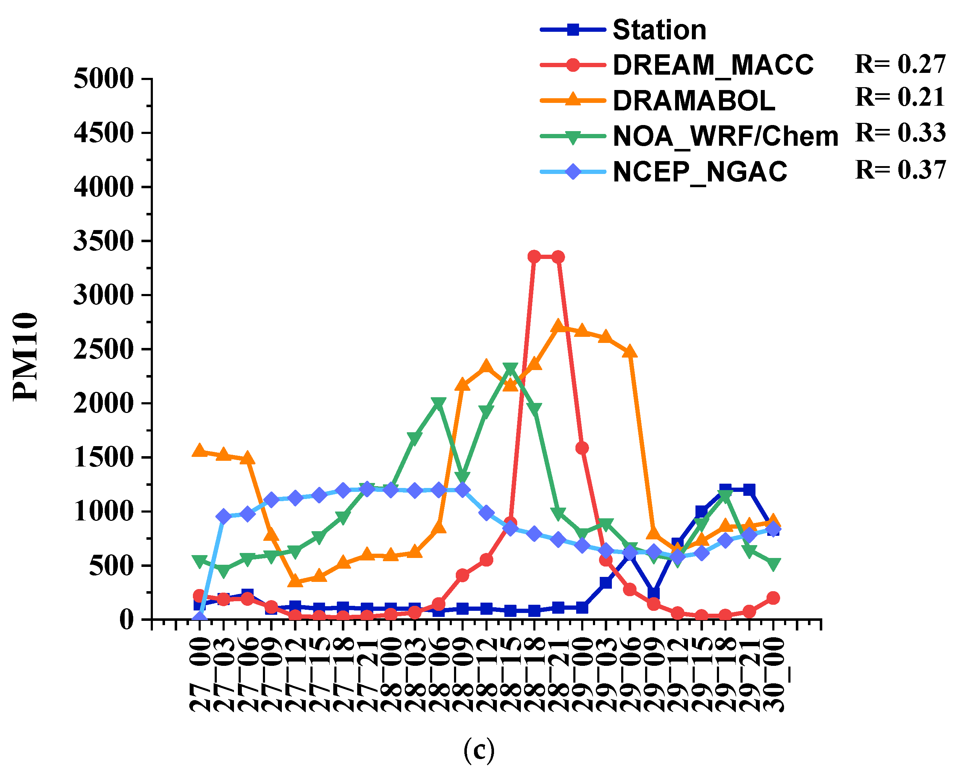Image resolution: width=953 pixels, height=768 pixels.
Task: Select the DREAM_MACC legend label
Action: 712,65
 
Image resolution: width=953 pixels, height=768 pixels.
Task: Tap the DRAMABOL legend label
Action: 693,101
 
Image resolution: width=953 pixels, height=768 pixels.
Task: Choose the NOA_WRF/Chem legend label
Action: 725,136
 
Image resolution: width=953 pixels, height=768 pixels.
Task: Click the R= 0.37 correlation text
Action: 900,170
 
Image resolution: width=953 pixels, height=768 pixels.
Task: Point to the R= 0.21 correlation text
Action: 900,97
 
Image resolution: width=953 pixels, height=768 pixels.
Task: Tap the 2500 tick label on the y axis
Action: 104,349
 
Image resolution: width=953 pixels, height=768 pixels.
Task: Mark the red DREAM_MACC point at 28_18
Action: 534,256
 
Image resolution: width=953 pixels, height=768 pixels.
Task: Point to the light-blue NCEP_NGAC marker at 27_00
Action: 200,618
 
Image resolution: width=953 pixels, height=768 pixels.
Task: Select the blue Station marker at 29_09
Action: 653,593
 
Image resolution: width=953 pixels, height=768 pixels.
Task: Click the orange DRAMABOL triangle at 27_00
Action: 200,451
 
